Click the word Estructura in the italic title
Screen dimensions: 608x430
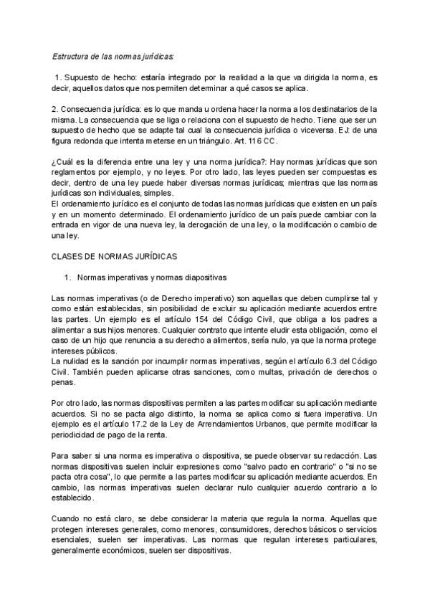(x=71, y=54)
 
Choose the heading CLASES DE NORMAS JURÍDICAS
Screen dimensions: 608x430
(x=115, y=255)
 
